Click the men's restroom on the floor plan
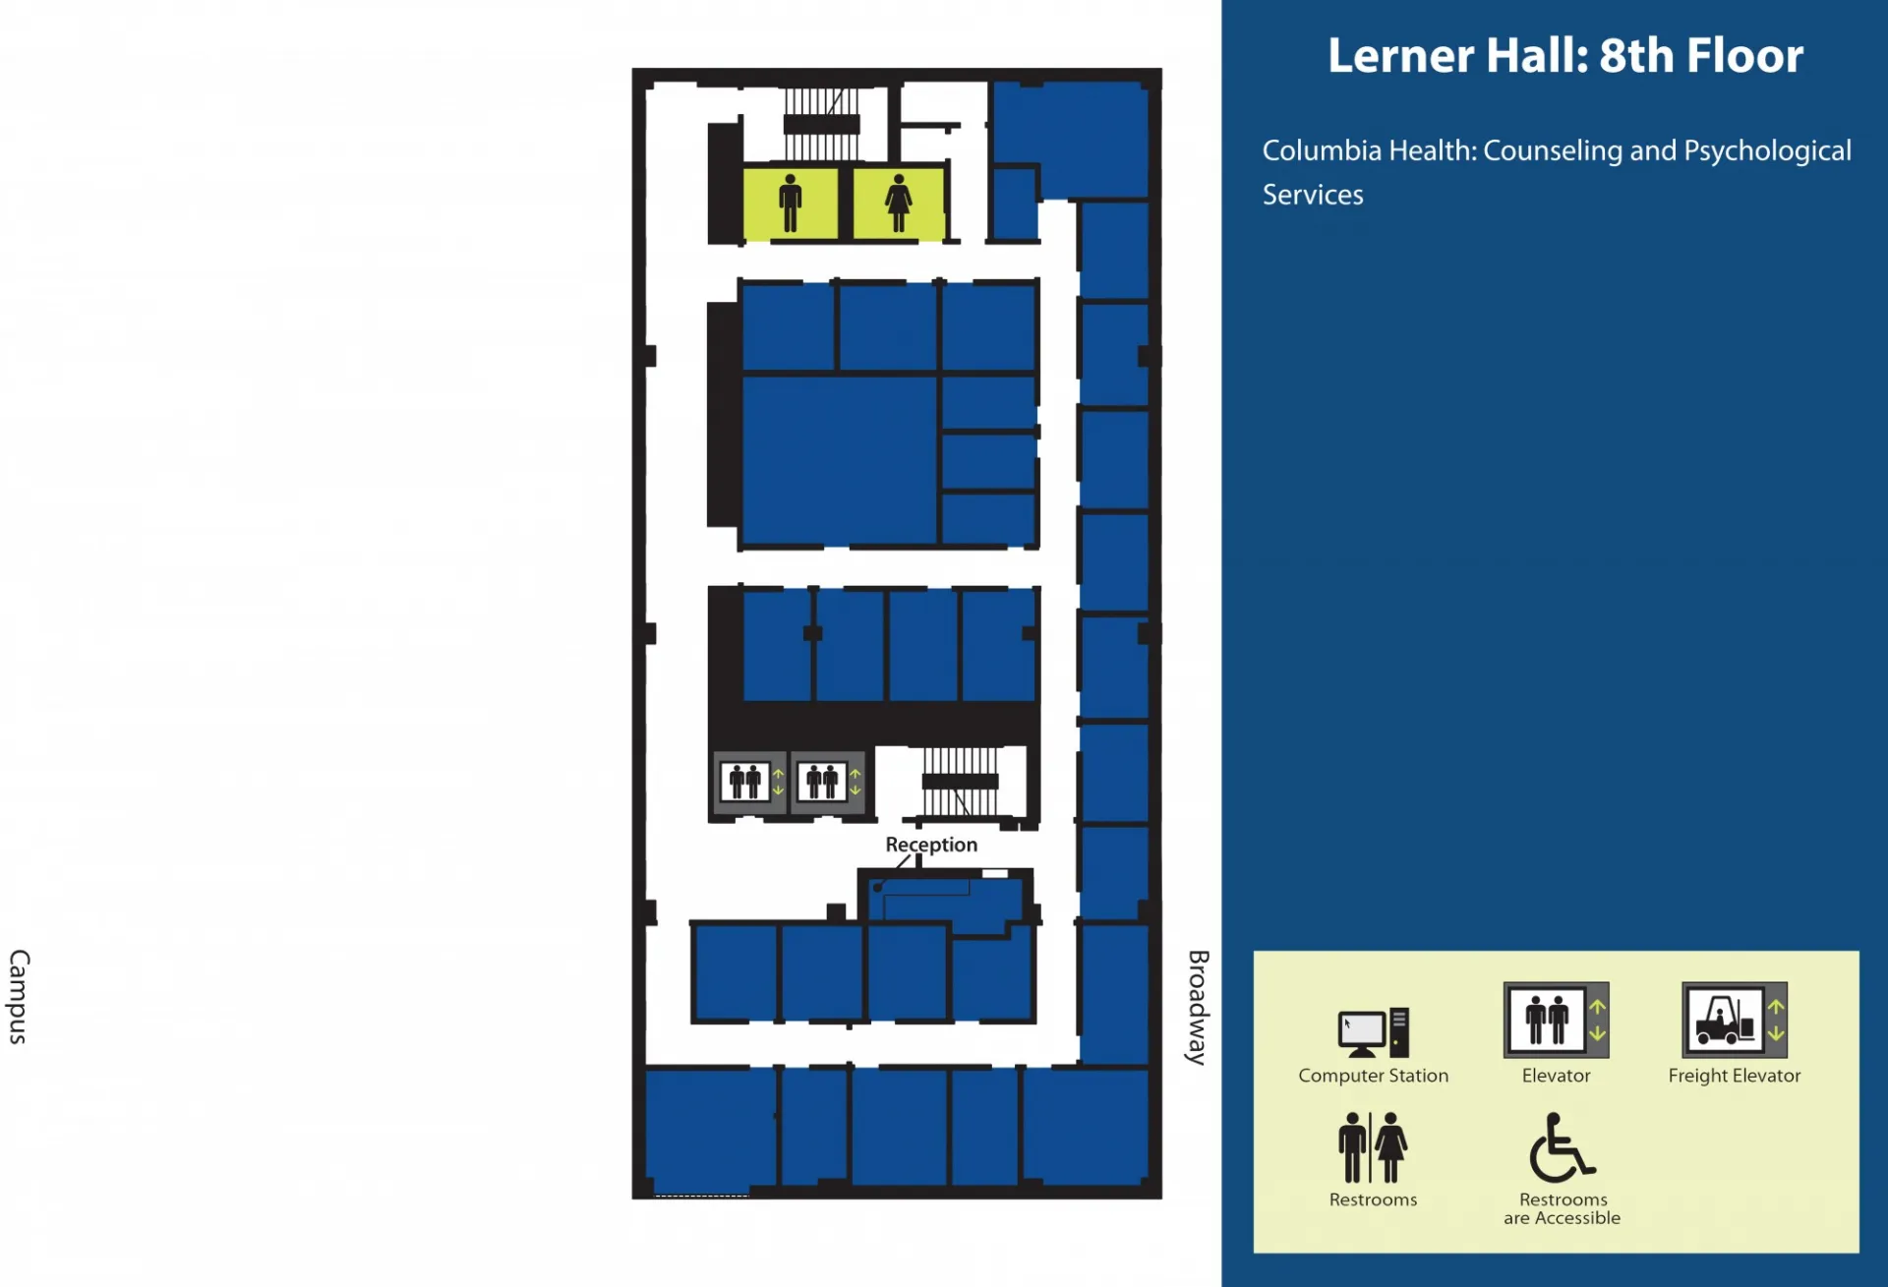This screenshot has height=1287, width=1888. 791,204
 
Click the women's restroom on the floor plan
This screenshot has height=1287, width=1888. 899,204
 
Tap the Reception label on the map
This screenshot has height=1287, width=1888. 931,845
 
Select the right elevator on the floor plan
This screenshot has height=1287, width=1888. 828,783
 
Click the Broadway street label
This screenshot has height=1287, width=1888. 1198,1007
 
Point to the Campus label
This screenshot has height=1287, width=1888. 20,996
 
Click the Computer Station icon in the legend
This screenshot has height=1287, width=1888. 1374,1032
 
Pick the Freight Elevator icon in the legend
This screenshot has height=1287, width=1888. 1735,1020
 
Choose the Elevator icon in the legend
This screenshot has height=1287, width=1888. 1557,1020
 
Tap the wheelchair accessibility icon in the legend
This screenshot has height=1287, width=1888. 1562,1147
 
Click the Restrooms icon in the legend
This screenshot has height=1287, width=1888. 1373,1147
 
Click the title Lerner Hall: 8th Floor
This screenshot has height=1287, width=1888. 1565,56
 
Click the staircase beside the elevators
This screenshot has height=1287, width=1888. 961,783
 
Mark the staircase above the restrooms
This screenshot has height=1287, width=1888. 821,125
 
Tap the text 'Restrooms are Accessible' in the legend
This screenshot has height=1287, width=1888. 1562,1208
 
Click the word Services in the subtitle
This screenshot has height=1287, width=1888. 1313,195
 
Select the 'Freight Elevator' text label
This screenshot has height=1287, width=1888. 1735,1076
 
